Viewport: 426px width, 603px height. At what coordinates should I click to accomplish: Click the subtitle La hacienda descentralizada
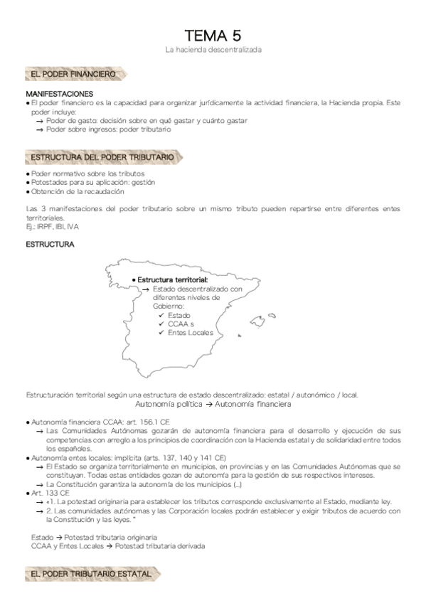[x=213, y=50]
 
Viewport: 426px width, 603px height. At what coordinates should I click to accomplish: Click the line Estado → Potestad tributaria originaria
[x=94, y=537]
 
